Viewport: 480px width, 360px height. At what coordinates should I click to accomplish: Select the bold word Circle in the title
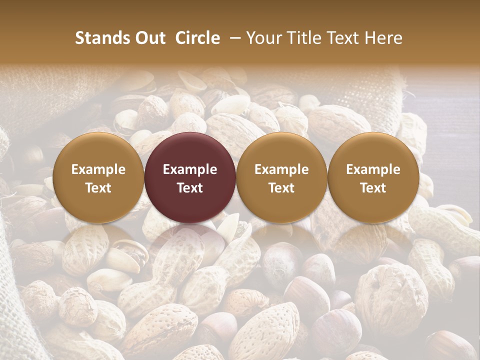coord(197,38)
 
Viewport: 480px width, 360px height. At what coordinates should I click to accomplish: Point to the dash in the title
coord(233,38)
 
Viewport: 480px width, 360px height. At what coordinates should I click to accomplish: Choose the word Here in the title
coord(383,38)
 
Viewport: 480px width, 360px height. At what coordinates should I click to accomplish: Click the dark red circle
coord(190,178)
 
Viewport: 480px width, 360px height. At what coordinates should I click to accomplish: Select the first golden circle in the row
coord(98,178)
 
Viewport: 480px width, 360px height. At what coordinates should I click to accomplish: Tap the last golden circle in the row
coord(373,178)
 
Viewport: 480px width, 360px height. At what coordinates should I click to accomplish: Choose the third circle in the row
coord(281,178)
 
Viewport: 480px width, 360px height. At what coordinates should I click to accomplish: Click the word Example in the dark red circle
coord(190,169)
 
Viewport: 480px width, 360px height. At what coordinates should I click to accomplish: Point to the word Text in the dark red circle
coord(190,188)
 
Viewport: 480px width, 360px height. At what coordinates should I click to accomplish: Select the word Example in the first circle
coord(98,169)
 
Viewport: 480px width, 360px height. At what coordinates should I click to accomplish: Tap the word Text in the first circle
coord(98,188)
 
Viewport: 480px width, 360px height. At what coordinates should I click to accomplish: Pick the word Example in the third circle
coord(281,169)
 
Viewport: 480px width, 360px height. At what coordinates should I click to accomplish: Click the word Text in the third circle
coord(281,188)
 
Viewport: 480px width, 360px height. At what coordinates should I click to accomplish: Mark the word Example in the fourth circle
coord(373,169)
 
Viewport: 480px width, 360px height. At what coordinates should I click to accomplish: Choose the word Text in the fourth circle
coord(373,188)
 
